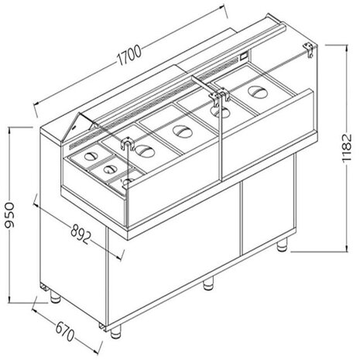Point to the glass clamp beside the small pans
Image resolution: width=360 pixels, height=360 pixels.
click(x=124, y=142)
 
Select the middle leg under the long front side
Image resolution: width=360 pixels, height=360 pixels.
click(x=207, y=283)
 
